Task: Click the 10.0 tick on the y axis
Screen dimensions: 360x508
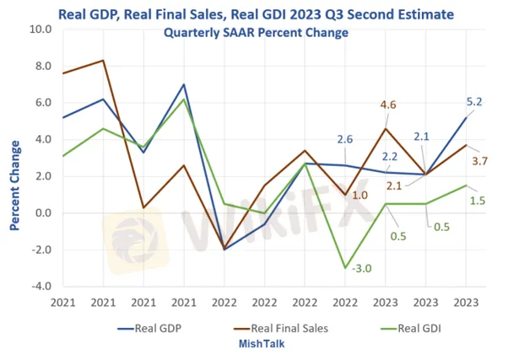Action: coord(41,30)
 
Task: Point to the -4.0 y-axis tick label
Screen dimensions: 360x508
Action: coord(41,287)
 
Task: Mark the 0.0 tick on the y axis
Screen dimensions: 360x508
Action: coord(42,213)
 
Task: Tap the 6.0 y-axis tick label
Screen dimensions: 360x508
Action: coord(42,103)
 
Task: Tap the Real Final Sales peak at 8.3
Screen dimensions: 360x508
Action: coord(103,61)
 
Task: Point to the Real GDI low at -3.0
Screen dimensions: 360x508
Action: coord(343,268)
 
